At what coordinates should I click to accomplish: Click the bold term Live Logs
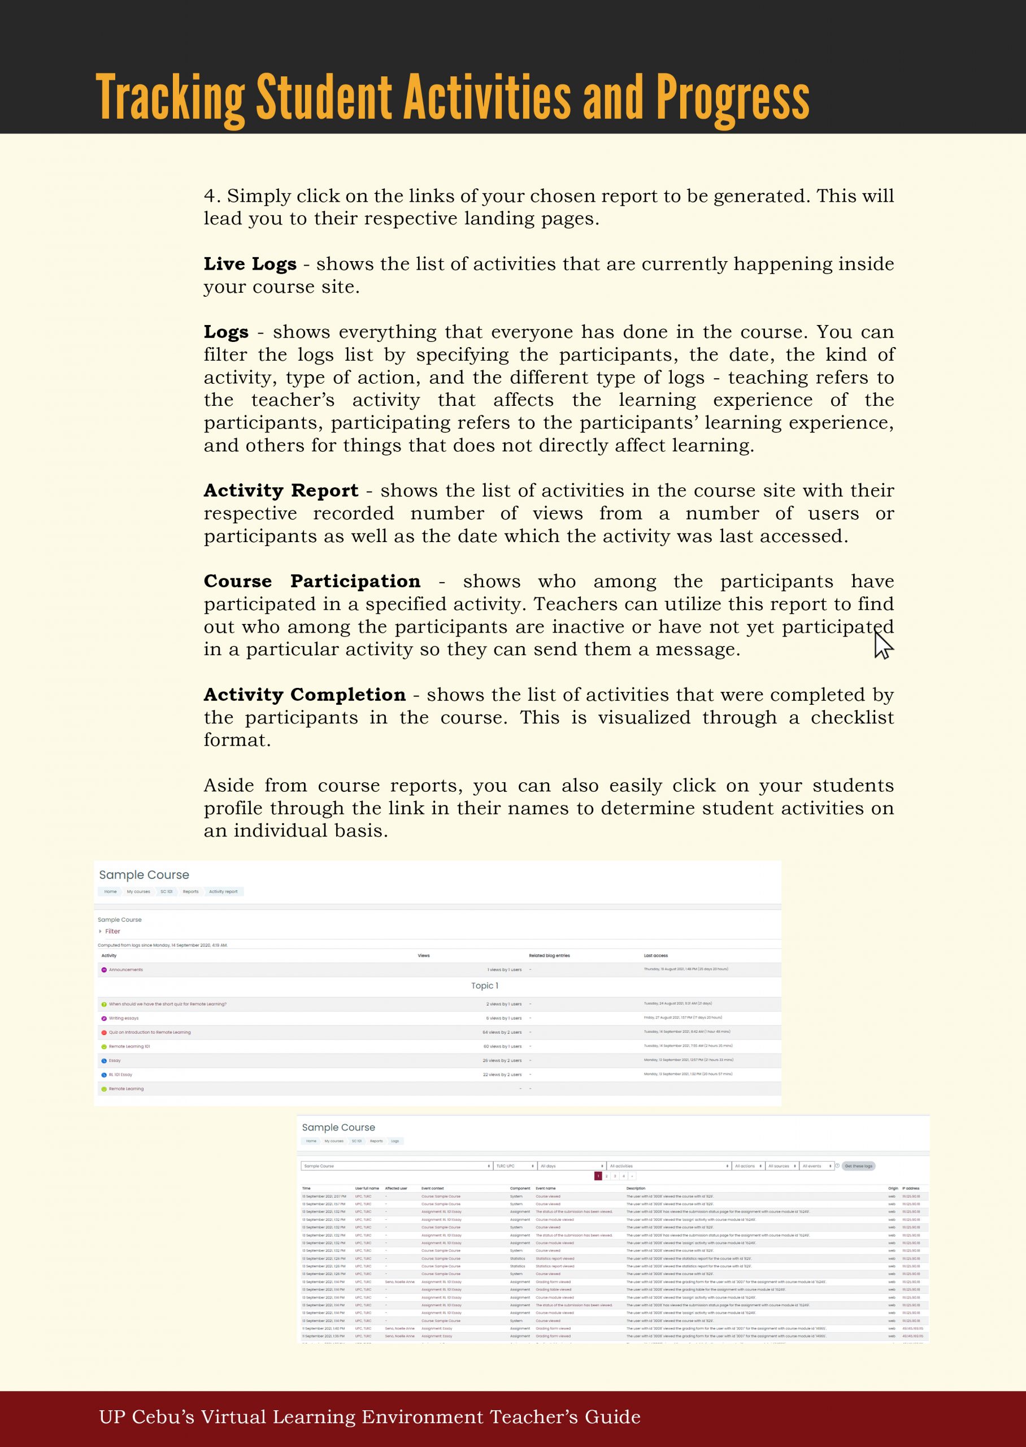click(x=250, y=263)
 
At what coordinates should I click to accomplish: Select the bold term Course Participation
click(x=311, y=580)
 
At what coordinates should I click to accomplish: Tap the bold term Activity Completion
click(x=304, y=695)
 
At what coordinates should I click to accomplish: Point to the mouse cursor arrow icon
click(x=882, y=645)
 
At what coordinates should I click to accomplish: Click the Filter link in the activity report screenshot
click(x=112, y=932)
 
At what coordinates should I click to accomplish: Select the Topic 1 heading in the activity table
click(x=484, y=986)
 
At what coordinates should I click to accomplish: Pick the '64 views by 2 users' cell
click(x=502, y=1033)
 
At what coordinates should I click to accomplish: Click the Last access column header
click(x=655, y=955)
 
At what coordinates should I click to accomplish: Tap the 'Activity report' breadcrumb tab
click(x=223, y=891)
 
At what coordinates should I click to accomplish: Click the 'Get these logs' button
click(x=858, y=1166)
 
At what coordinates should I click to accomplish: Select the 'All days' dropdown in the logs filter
click(x=571, y=1166)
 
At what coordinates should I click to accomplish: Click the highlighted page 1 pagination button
click(x=598, y=1176)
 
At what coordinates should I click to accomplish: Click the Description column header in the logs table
click(x=636, y=1189)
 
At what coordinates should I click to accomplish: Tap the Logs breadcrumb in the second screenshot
click(x=395, y=1141)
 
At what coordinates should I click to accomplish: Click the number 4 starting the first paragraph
click(x=210, y=196)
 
